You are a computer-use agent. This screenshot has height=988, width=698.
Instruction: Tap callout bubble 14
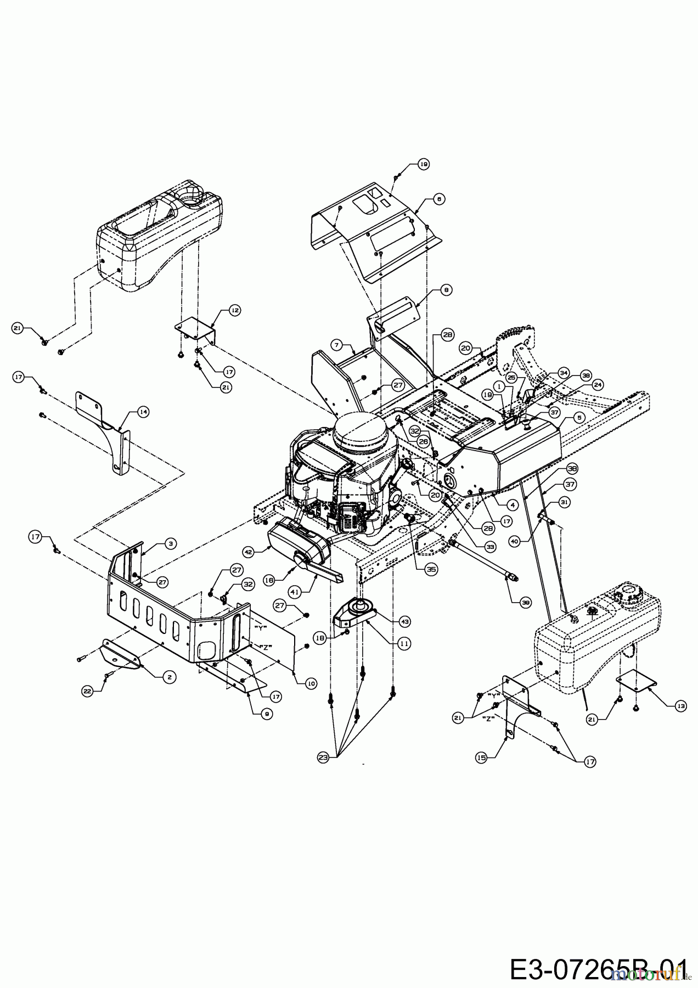coord(143,411)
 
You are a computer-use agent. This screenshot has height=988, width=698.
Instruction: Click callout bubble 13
coord(681,706)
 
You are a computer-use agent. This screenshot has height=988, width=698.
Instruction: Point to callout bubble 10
coord(311,683)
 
